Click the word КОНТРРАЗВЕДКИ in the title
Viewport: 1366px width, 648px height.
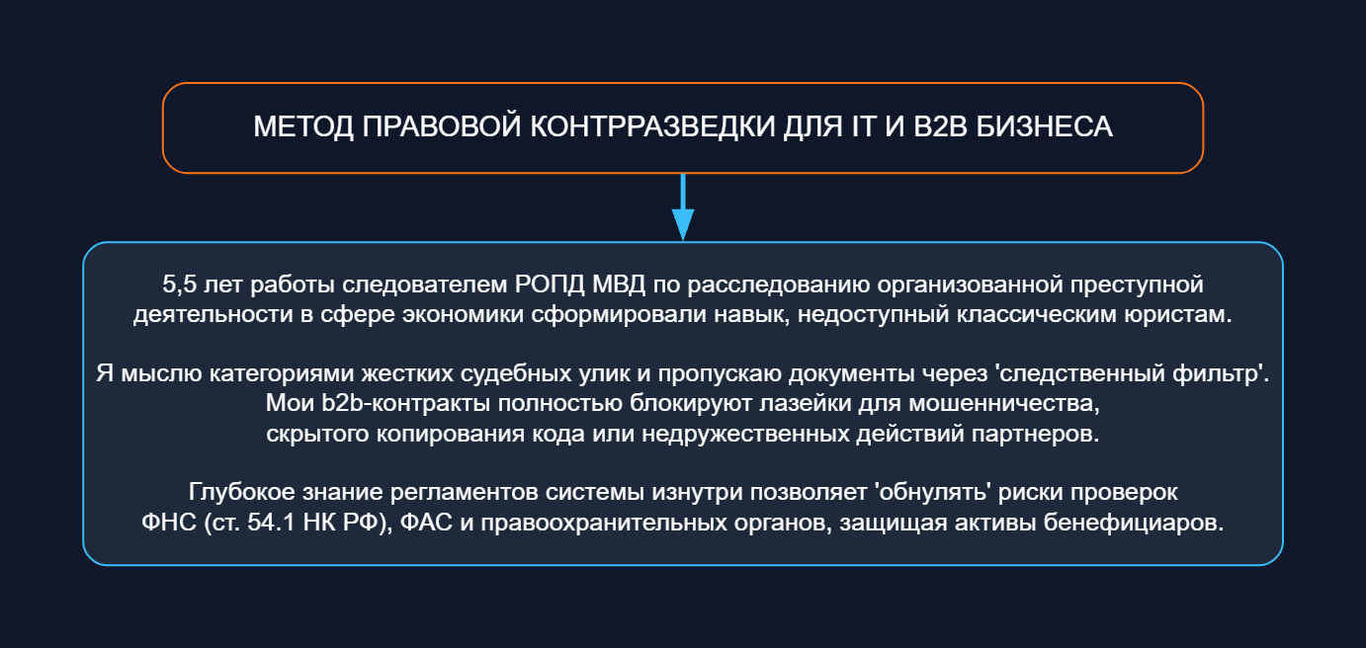(x=652, y=126)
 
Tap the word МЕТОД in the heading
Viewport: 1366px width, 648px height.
(x=303, y=127)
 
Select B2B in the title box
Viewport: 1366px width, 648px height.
(x=940, y=126)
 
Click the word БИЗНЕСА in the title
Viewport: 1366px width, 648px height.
(x=1044, y=126)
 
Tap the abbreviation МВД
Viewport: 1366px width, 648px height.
(x=619, y=284)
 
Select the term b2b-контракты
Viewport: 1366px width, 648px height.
(x=405, y=404)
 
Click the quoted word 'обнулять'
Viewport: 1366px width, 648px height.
(x=932, y=492)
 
